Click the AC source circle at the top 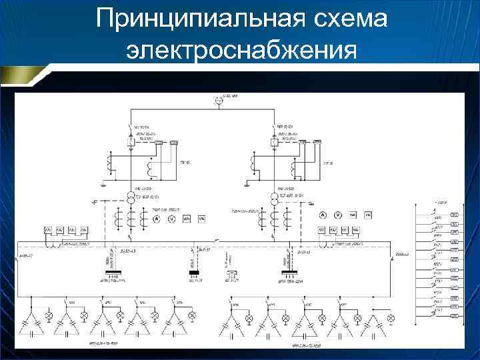[217, 101]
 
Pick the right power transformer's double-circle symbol [275, 198]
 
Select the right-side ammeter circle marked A [322, 215]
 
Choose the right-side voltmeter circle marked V [337, 215]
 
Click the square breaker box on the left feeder [131, 142]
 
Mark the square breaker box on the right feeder [274, 142]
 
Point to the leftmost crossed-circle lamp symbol [48, 314]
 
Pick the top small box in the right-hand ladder [455, 215]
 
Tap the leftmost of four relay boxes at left [49, 230]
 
